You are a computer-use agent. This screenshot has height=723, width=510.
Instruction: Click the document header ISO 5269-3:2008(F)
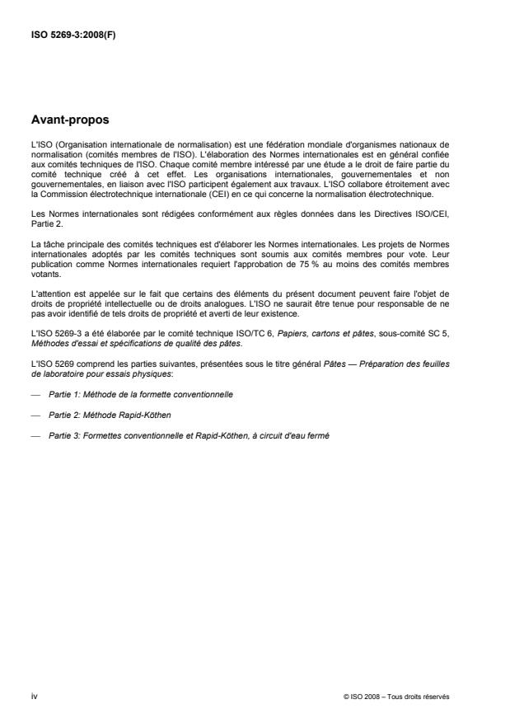tap(74, 35)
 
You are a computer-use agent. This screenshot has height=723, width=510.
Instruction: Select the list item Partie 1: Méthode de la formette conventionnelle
tap(140, 395)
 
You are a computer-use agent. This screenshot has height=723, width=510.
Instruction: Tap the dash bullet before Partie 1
tap(35, 395)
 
